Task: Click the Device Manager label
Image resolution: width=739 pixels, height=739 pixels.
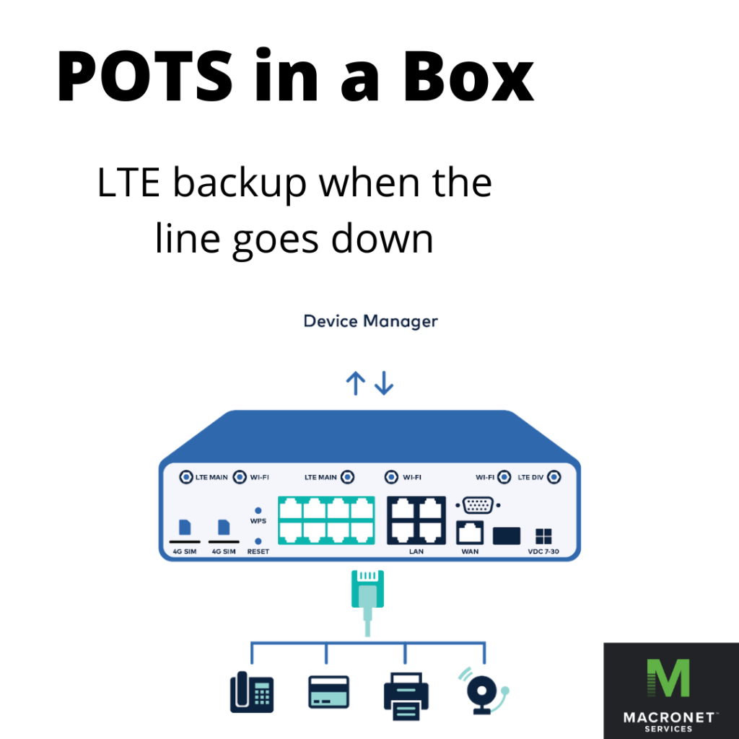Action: (x=370, y=320)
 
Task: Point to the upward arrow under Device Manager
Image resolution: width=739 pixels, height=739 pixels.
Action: (x=354, y=383)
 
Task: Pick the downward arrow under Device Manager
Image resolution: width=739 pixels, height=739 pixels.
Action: (x=384, y=383)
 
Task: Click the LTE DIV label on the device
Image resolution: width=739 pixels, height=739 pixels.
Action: (x=531, y=477)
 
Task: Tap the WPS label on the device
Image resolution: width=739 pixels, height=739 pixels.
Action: (x=258, y=520)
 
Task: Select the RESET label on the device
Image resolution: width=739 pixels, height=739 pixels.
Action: (x=258, y=551)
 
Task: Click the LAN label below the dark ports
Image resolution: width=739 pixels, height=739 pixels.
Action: (x=416, y=551)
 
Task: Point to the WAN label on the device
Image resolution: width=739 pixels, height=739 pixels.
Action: (x=470, y=551)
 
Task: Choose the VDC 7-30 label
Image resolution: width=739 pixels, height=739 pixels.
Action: (x=543, y=551)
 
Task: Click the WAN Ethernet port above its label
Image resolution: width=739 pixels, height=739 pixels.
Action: (x=470, y=533)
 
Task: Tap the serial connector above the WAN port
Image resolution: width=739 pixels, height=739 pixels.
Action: (x=477, y=505)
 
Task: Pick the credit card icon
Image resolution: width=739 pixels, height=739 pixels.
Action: (x=328, y=691)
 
